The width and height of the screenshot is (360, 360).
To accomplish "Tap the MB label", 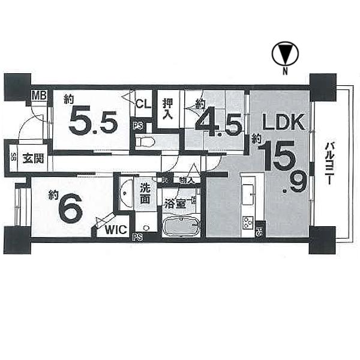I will click(x=39, y=96).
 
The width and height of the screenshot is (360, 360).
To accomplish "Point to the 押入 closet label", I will click(x=168, y=109).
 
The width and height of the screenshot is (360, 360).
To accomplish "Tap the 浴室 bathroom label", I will click(x=175, y=202).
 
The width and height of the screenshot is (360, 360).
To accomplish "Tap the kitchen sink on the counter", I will click(x=248, y=191).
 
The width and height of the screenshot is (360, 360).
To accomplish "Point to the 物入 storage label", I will click(x=186, y=179).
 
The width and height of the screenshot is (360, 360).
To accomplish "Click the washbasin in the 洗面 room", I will click(x=126, y=194).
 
